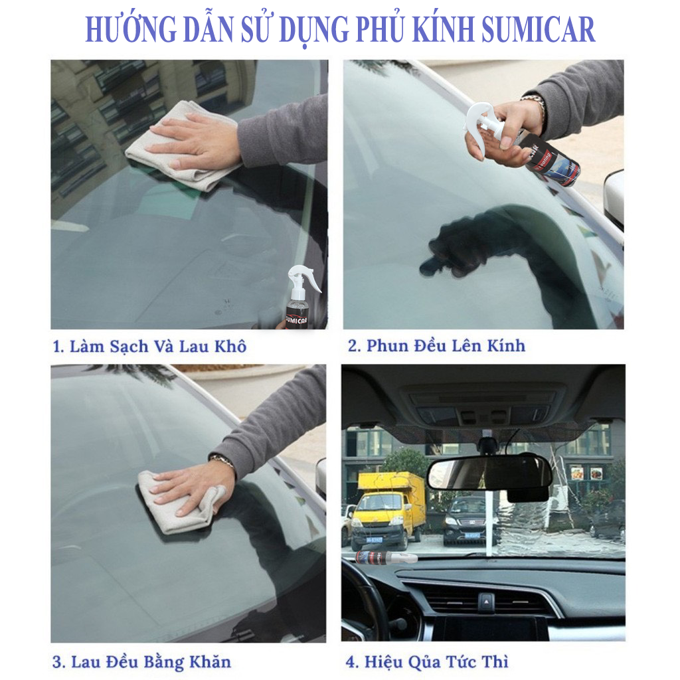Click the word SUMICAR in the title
click(x=538, y=29)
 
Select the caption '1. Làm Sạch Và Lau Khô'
click(x=149, y=347)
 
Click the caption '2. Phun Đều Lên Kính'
click(x=436, y=346)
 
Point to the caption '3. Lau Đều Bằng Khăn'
click(x=141, y=663)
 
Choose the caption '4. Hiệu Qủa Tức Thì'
click(x=427, y=662)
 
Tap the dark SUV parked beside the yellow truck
click(x=469, y=521)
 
